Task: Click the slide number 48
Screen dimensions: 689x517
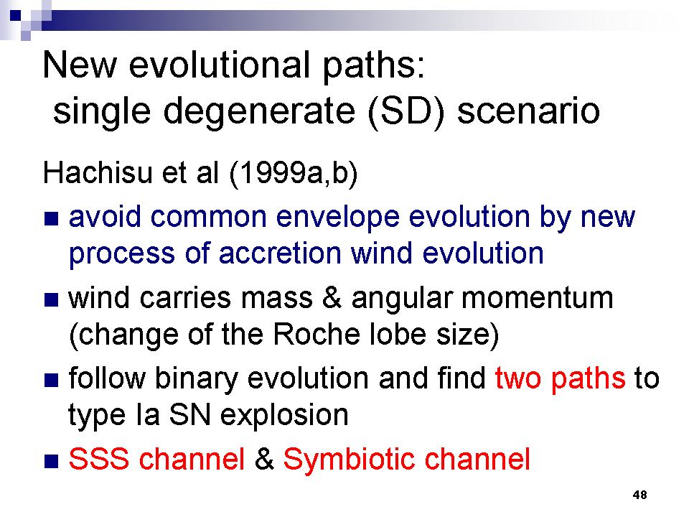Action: click(639, 495)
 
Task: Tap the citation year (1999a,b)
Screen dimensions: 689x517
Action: click(293, 174)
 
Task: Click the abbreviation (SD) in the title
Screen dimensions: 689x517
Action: click(406, 112)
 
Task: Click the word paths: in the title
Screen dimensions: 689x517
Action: click(375, 67)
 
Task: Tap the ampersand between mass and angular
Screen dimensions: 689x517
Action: click(332, 297)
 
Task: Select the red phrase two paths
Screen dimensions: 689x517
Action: click(560, 379)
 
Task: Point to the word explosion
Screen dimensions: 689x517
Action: click(284, 416)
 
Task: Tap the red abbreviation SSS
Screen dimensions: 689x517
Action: click(99, 460)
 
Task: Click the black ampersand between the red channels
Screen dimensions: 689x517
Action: click(263, 460)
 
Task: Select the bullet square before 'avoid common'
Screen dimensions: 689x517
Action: click(52, 219)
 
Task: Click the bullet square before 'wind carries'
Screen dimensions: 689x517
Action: click(52, 300)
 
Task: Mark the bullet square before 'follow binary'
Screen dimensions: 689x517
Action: click(52, 381)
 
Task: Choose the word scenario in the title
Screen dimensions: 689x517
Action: click(529, 112)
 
